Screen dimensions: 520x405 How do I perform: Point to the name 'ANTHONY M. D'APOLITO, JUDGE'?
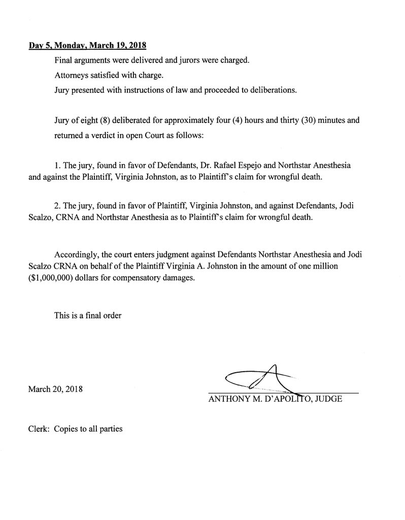[x=275, y=399]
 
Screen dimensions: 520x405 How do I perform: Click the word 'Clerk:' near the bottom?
[x=39, y=429]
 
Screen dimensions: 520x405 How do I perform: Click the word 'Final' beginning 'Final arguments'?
[x=63, y=59]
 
